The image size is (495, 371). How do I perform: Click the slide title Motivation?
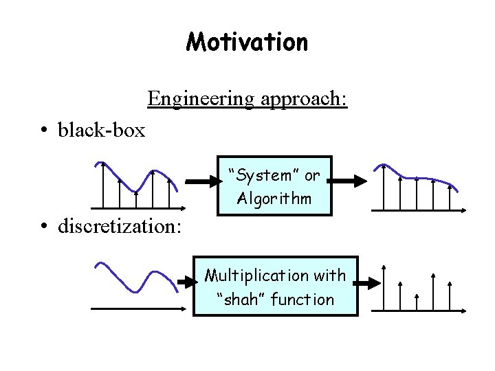(247, 43)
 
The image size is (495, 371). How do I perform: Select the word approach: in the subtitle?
(304, 100)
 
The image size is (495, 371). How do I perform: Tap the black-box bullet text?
(102, 129)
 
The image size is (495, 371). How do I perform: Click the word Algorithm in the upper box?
(274, 199)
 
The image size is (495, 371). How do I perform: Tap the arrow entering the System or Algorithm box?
(201, 182)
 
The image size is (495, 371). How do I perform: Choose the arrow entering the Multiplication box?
(185, 282)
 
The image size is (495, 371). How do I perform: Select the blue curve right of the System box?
(419, 176)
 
